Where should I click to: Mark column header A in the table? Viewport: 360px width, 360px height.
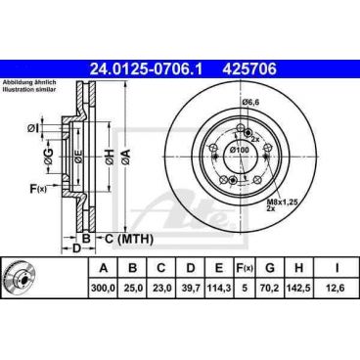[102, 267]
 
